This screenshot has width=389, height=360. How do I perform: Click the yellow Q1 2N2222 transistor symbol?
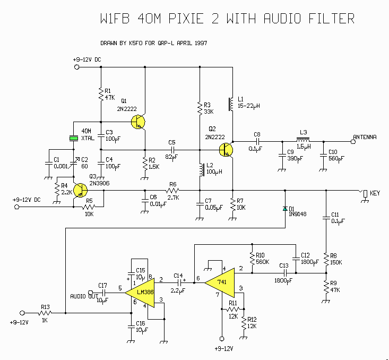coord(139,122)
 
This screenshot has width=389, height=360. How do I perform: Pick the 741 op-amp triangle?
coord(219,283)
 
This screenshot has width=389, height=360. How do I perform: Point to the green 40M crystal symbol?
coord(73,139)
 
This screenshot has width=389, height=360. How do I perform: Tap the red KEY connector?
coord(365,193)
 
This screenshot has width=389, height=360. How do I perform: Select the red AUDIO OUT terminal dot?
coord(90,292)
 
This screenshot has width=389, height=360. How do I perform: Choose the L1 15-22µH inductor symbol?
coord(231,104)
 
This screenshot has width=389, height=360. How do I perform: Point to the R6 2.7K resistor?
coord(172,191)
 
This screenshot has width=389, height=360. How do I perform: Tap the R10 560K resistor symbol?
coord(251,258)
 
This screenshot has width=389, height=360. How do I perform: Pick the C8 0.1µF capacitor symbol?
coord(258,142)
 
